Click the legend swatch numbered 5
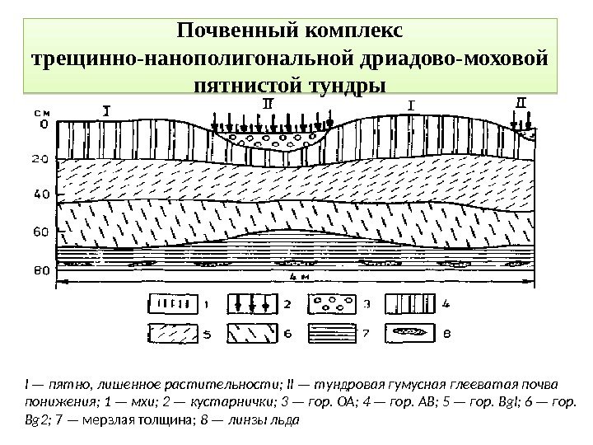[173, 335]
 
